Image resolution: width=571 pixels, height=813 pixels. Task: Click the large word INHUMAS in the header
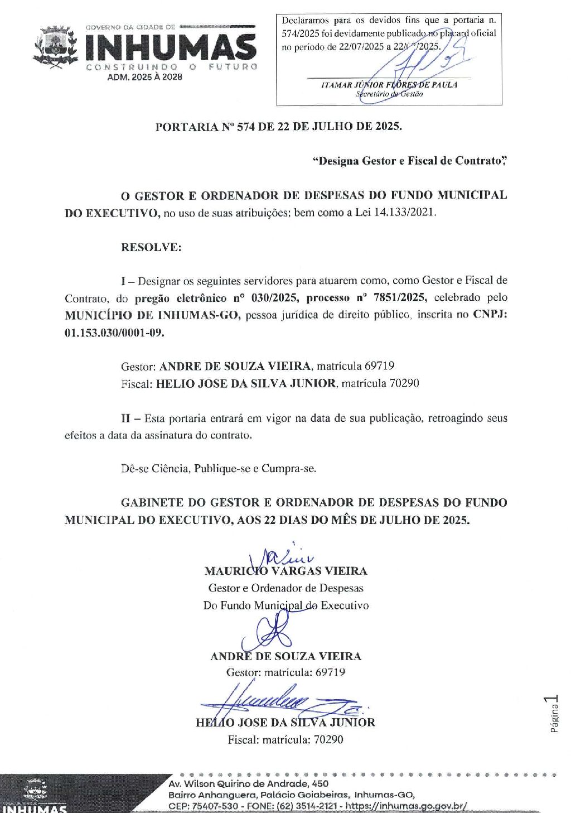coord(170,47)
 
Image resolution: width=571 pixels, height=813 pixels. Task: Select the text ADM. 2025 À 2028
coord(144,77)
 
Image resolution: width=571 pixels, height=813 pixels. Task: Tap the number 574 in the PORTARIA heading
coord(246,127)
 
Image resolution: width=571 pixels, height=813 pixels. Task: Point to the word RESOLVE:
coord(151,247)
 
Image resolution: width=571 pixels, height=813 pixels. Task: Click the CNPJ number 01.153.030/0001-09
coord(115,333)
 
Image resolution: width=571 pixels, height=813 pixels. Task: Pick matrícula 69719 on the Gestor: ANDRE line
coord(379,366)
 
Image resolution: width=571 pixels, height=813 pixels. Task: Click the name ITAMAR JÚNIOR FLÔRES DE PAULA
coord(389,85)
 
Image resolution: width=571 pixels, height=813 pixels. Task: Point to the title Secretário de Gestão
coord(389,94)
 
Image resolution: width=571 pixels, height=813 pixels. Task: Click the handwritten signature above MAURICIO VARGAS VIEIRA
coord(282,555)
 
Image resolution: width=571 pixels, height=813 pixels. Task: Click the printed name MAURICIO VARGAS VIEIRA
coord(285,571)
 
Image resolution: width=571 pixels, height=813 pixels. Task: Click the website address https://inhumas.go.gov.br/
coord(407,806)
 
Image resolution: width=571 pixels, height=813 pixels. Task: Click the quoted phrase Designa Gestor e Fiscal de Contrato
coord(409,161)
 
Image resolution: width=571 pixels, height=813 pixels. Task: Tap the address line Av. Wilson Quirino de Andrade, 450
coord(248,783)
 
